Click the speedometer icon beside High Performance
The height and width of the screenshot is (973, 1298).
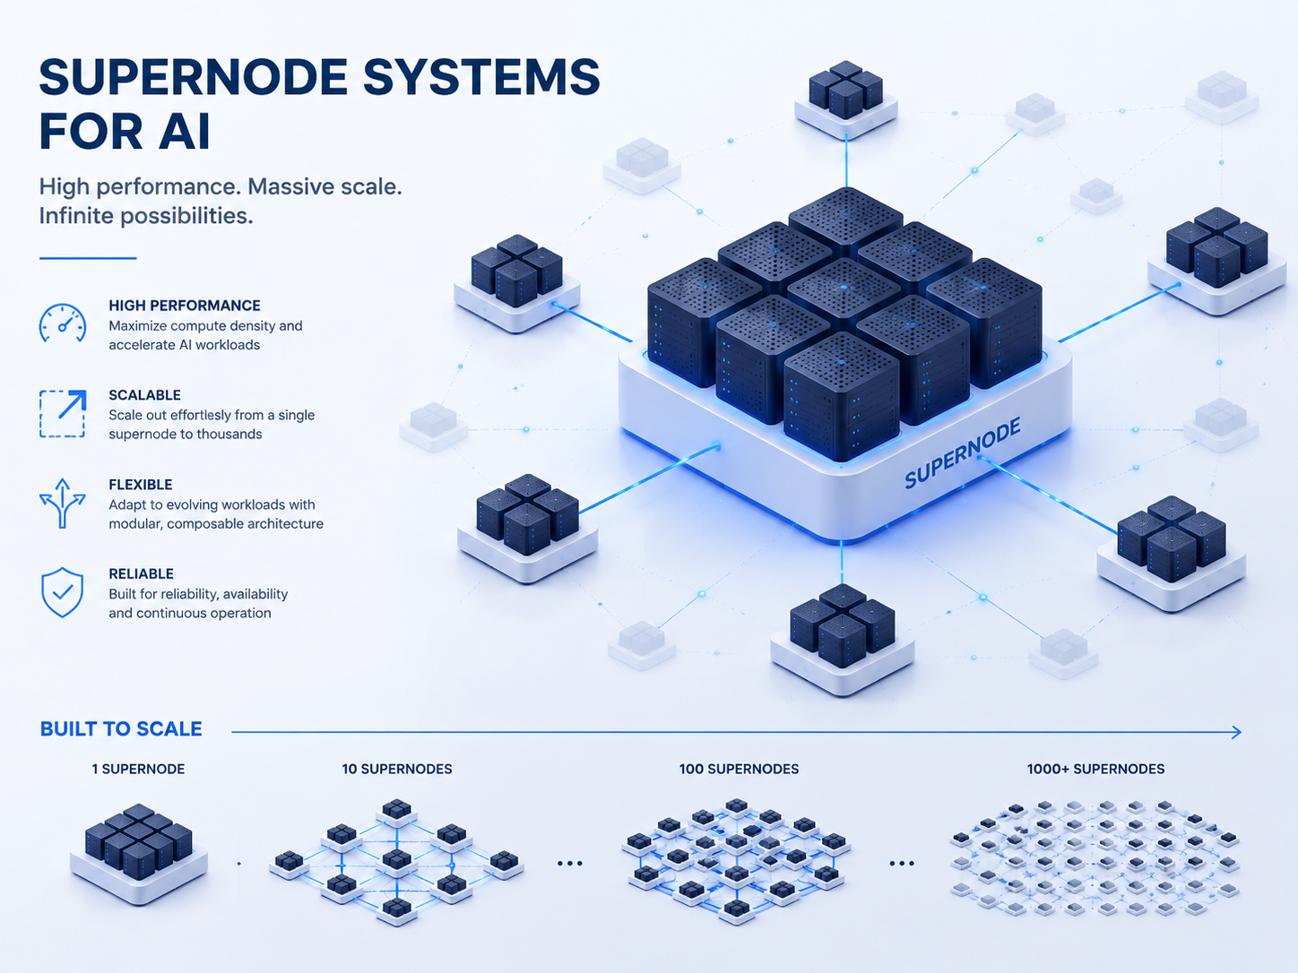click(x=63, y=323)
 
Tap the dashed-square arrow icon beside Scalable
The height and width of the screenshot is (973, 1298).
click(x=63, y=413)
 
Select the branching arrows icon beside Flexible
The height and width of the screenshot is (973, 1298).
click(x=63, y=503)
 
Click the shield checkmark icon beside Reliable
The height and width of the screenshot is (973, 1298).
click(x=62, y=592)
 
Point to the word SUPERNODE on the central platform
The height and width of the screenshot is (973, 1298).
click(x=963, y=452)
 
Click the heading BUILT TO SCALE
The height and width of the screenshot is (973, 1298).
click(x=121, y=729)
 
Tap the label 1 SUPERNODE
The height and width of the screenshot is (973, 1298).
click(x=138, y=770)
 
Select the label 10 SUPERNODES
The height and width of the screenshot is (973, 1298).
click(x=397, y=770)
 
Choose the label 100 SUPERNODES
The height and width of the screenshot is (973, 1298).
click(x=739, y=770)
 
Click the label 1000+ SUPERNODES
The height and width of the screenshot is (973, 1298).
click(x=1095, y=770)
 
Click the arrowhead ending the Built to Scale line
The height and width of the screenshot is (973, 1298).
click(x=1236, y=733)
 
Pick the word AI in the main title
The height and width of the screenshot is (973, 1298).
click(x=184, y=131)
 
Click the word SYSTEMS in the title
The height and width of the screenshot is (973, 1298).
click(x=481, y=77)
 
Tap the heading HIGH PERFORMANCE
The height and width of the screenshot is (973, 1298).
click(x=185, y=306)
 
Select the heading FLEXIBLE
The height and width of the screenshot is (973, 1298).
click(x=141, y=485)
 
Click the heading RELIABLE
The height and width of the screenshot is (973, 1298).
click(x=142, y=573)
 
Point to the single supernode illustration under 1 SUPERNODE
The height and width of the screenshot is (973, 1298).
click(x=139, y=853)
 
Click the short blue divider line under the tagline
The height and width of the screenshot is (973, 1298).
click(x=88, y=258)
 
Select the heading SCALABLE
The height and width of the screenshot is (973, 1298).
click(x=145, y=394)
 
